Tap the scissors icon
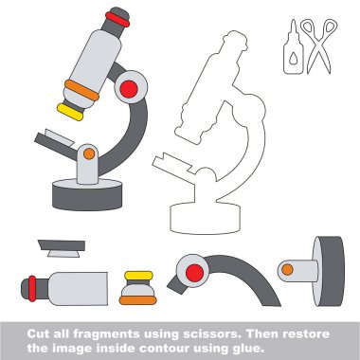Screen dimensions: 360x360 point(319,45)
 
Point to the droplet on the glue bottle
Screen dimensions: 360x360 point(294,59)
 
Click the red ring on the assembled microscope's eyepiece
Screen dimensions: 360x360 point(117,19)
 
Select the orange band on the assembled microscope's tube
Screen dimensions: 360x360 point(82,90)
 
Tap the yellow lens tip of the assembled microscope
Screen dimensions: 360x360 point(70,112)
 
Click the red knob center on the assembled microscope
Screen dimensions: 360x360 point(129,89)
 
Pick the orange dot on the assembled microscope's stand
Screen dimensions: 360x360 point(89,153)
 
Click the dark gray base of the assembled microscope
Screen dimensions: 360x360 point(87,196)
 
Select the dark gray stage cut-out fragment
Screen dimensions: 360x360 point(62,245)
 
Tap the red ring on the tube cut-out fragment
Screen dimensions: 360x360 point(32,289)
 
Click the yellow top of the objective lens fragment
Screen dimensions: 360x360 point(138,276)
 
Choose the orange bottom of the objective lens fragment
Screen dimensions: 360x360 point(137,300)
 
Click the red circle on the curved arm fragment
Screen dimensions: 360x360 point(194,273)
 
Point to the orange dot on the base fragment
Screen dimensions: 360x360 point(287,270)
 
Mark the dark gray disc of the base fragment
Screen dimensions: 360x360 point(329,271)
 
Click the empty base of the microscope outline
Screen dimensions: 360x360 point(206,219)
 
